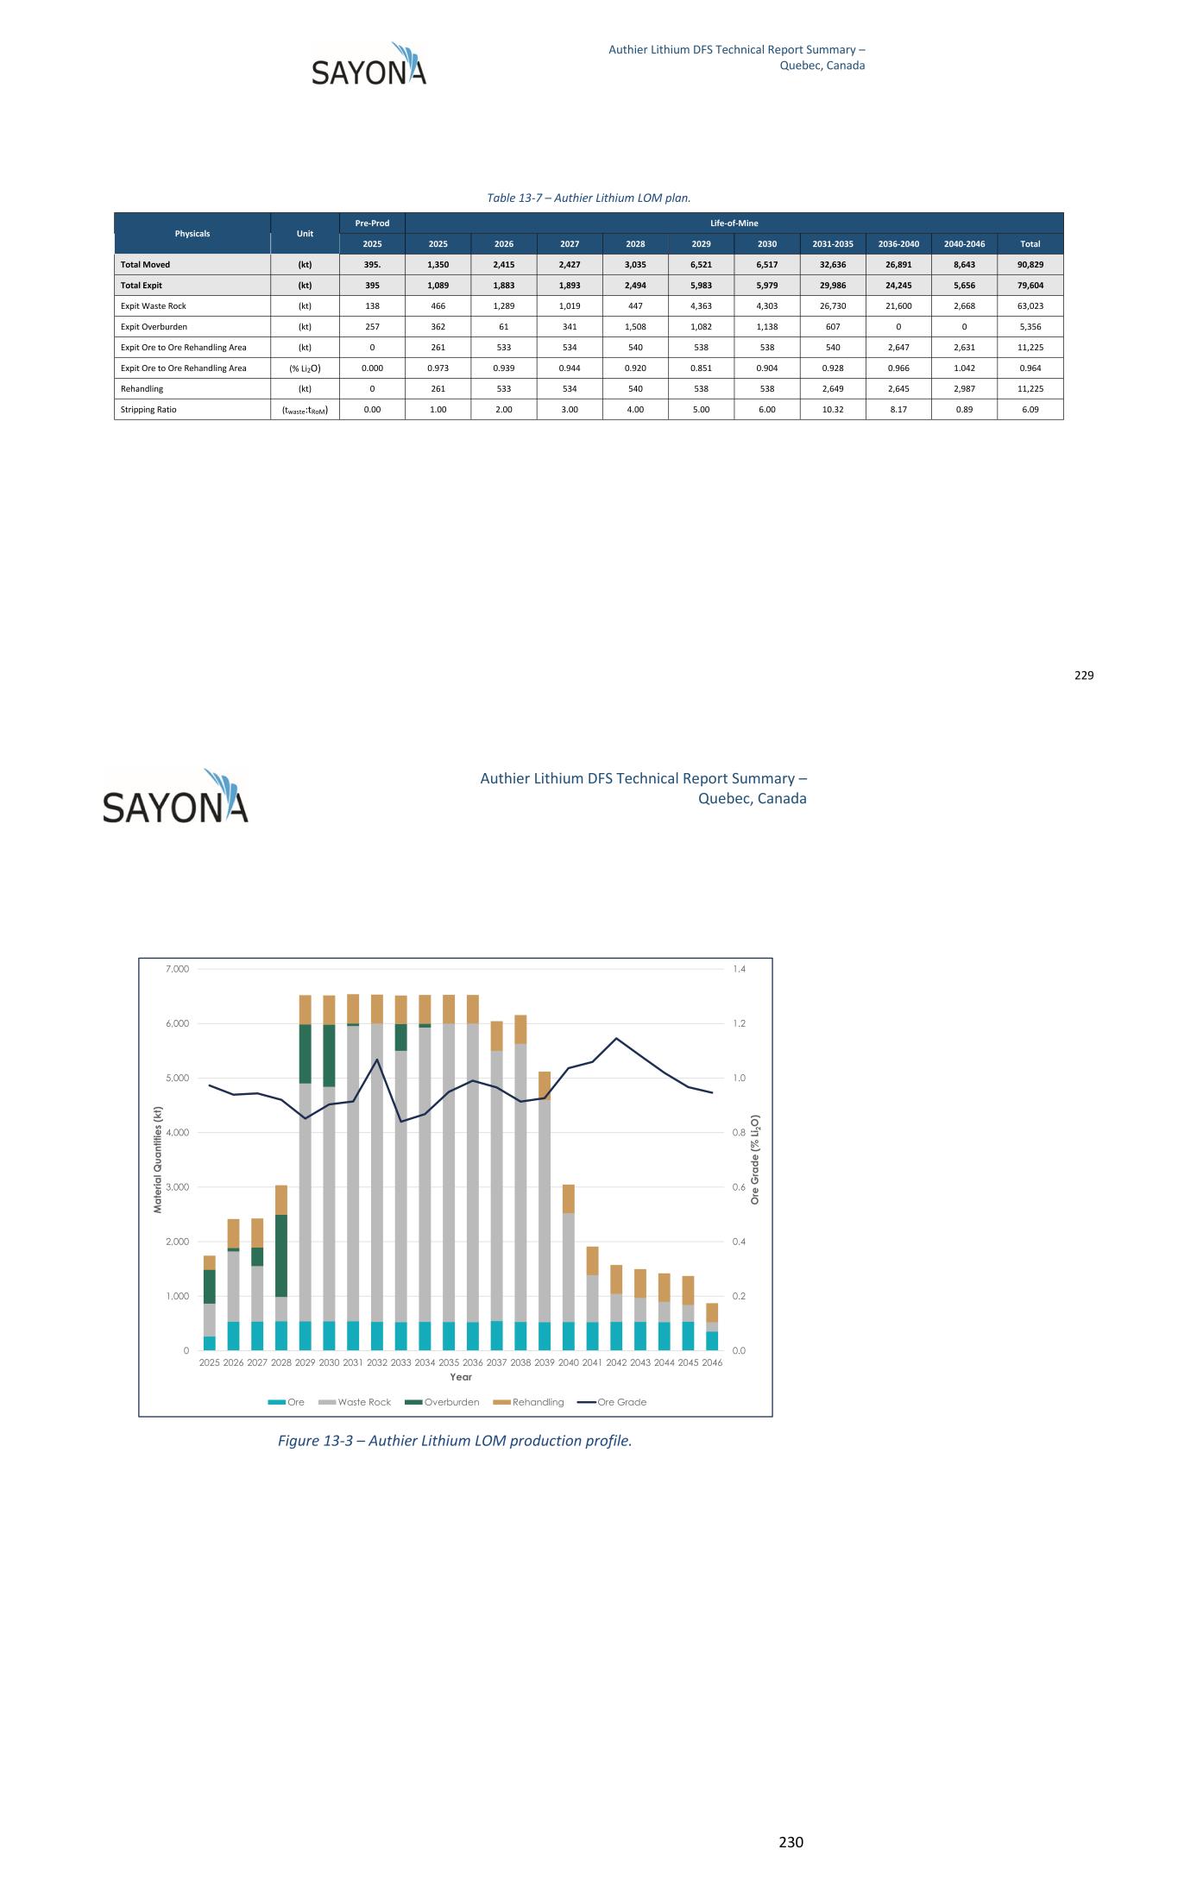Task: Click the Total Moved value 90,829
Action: [1030, 265]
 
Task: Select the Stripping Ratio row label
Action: [148, 410]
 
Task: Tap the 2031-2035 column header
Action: [833, 244]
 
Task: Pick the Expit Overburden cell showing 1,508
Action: [635, 327]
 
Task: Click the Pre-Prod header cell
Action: [372, 223]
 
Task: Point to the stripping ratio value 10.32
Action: [833, 410]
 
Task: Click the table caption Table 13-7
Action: [589, 198]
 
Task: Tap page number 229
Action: [1084, 676]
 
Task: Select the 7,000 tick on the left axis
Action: [176, 970]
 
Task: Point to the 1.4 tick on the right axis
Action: [740, 970]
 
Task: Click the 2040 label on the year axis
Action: [569, 1363]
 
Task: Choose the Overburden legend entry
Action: [442, 1402]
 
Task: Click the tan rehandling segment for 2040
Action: [569, 1199]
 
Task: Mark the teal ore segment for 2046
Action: [712, 1341]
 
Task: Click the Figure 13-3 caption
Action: [455, 1441]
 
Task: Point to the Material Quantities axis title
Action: [158, 1160]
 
